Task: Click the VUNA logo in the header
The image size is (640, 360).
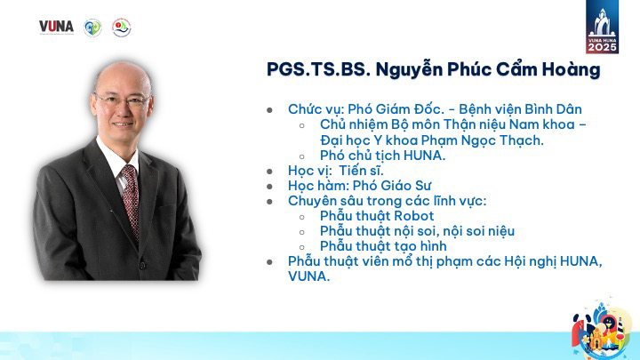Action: (x=56, y=27)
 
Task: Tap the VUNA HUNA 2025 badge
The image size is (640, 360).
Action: (x=602, y=27)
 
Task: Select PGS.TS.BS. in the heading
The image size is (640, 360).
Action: (x=318, y=69)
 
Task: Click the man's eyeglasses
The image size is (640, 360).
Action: (x=123, y=100)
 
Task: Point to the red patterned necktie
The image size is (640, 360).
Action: (x=130, y=199)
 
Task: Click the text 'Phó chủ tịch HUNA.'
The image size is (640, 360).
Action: (x=382, y=156)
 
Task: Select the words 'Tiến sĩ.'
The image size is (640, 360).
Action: (x=361, y=171)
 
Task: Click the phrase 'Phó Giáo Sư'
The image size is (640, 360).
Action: (x=391, y=186)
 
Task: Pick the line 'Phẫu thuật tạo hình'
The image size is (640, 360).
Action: (x=383, y=246)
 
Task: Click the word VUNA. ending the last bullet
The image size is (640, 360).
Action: (x=308, y=276)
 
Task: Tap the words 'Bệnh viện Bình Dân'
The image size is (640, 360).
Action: (x=520, y=109)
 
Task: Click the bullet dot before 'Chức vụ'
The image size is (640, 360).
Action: (x=269, y=110)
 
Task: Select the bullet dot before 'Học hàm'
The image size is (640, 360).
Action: (x=269, y=187)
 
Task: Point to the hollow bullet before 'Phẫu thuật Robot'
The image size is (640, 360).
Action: (x=301, y=217)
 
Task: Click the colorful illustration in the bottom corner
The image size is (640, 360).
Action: (x=602, y=330)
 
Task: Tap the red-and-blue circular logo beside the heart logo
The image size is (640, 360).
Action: (x=121, y=28)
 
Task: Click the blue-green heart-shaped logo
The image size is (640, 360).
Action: (x=92, y=28)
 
